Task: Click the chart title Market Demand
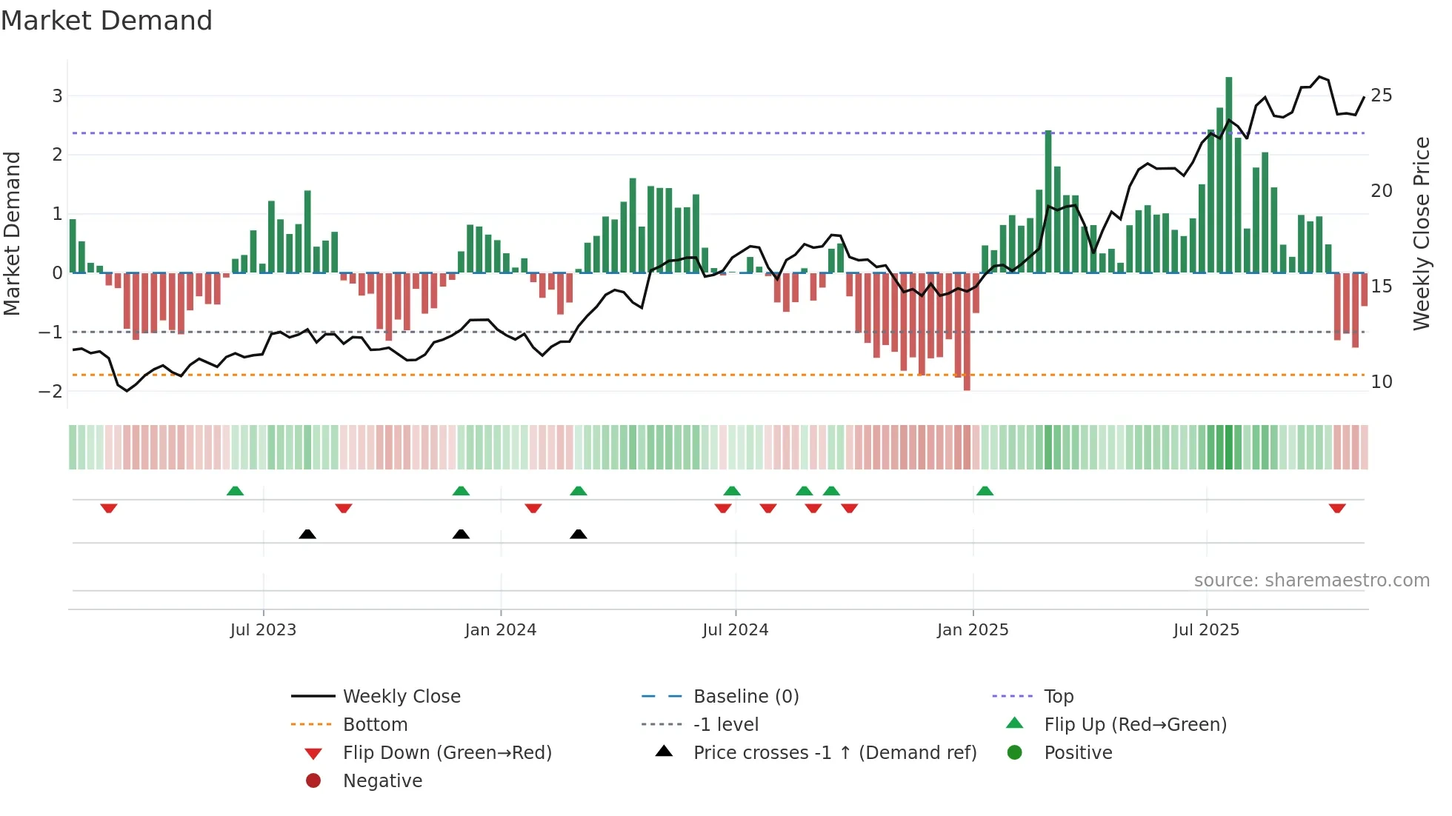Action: click(107, 21)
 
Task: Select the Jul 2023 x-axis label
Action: click(263, 630)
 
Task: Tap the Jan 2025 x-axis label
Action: click(972, 630)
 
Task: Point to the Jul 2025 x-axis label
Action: click(1206, 630)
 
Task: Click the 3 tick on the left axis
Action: click(57, 96)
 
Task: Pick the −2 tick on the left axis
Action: click(51, 391)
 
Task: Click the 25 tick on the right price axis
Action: click(1381, 96)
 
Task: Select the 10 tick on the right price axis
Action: click(1381, 382)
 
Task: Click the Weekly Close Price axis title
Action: click(1421, 233)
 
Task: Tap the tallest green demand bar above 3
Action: click(1228, 174)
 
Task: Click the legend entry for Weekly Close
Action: click(401, 697)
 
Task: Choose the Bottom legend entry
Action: click(375, 725)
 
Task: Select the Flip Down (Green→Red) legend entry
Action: click(447, 753)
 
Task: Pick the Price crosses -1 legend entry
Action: click(834, 753)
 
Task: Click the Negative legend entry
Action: click(382, 781)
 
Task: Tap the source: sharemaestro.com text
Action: click(1311, 581)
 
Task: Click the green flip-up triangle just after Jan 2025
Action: click(985, 491)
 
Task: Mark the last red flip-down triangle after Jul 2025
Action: click(1337, 508)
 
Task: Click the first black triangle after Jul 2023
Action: click(307, 534)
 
